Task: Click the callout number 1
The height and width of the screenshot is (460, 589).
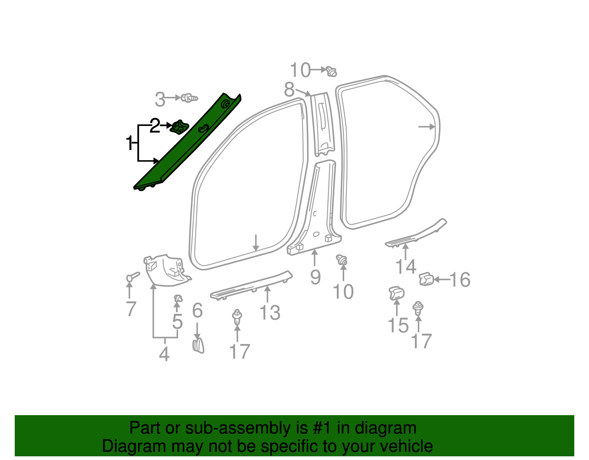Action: [129, 143]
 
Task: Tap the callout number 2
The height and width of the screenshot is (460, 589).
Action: [155, 126]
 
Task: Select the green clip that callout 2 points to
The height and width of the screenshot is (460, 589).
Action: [179, 127]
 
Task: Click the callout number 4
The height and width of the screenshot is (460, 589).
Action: [164, 354]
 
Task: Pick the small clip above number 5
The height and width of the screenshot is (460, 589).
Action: [178, 298]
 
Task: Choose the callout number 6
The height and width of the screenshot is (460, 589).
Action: [197, 310]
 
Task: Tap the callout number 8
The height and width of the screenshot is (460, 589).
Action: [289, 89]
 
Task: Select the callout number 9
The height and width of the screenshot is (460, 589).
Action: [315, 277]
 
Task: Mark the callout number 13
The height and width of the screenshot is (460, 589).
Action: [270, 313]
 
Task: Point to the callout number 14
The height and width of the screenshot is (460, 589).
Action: [406, 267]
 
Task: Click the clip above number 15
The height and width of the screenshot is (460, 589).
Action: [396, 294]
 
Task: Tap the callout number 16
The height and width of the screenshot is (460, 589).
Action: [460, 280]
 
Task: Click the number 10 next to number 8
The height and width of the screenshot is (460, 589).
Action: [300, 70]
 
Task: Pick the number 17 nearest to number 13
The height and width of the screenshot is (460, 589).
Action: [240, 351]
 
